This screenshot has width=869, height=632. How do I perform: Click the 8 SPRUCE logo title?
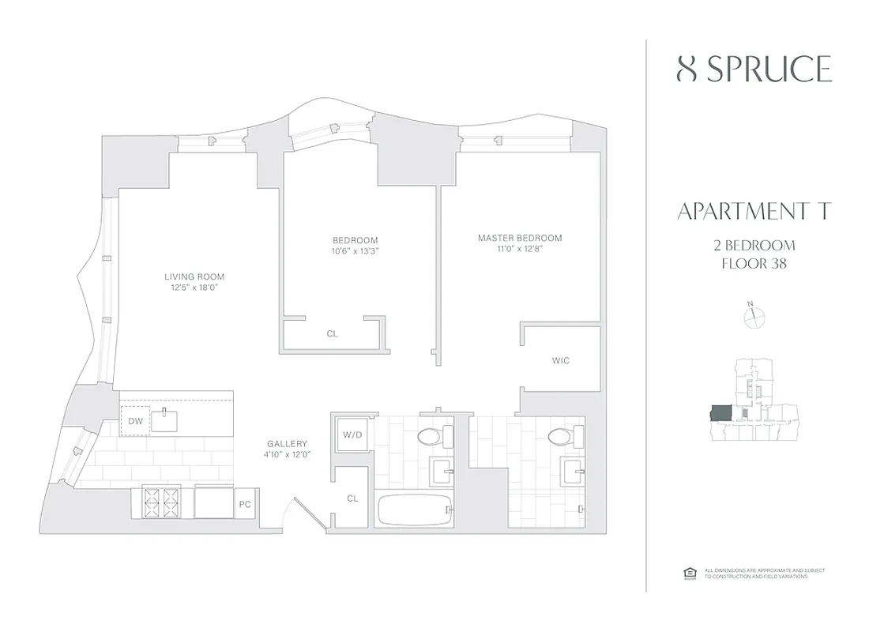click(x=754, y=70)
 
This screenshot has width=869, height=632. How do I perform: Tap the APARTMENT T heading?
click(x=754, y=212)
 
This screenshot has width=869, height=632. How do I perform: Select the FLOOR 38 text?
click(x=754, y=263)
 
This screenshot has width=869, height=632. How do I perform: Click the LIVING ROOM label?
click(x=194, y=276)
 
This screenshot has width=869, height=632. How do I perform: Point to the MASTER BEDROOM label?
click(x=519, y=238)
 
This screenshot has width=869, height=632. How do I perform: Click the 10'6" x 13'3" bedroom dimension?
click(x=355, y=251)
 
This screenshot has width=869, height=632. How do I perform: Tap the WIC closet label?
click(x=561, y=360)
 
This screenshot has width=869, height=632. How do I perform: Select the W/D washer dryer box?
click(x=350, y=434)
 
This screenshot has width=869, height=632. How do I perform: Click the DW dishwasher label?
click(x=135, y=421)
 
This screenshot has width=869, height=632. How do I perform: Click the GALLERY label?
click(x=288, y=444)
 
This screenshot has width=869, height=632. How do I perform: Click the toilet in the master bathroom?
click(x=559, y=436)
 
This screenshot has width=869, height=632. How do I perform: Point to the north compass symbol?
click(x=755, y=317)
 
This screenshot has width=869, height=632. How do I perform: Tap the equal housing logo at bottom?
click(x=687, y=574)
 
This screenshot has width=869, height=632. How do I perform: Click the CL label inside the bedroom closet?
click(x=333, y=334)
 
